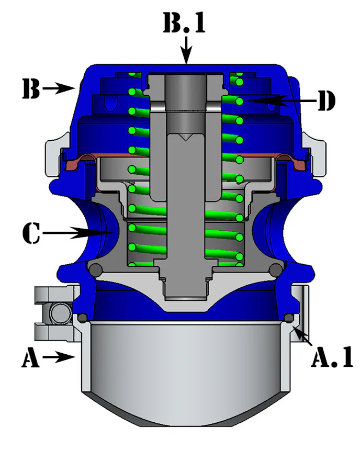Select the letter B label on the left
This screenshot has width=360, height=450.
31,89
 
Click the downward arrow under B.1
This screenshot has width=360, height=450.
186,52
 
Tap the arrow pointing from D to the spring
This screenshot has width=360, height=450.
277,99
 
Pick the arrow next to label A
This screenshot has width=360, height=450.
60,358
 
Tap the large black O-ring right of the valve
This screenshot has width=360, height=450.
276,270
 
